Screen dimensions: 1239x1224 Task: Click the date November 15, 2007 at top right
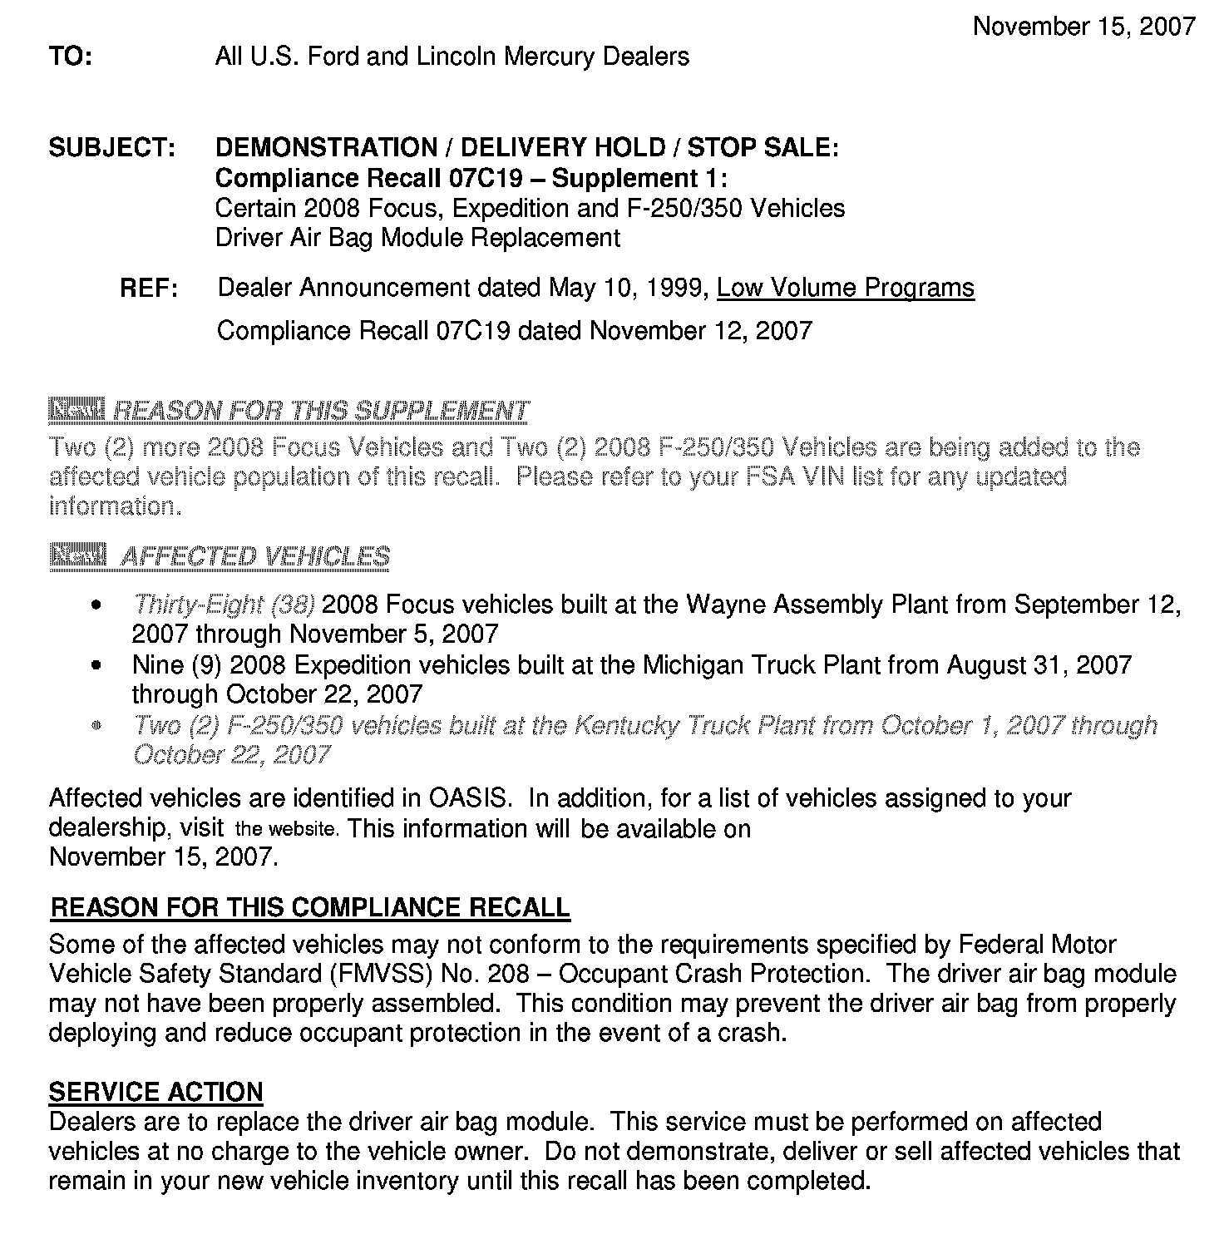(1084, 27)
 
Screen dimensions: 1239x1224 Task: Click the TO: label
(71, 57)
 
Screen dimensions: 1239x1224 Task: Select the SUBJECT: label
(111, 148)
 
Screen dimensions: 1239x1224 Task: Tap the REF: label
(149, 289)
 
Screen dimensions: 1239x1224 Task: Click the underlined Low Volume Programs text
(845, 288)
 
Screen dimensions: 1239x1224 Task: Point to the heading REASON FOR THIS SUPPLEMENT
(320, 411)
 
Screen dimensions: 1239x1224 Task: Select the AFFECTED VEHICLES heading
(254, 556)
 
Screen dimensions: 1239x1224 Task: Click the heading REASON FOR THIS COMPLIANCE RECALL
(310, 907)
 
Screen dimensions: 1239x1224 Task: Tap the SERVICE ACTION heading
(155, 1092)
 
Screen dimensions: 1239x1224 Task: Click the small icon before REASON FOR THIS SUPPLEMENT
(76, 409)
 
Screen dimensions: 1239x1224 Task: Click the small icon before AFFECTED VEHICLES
(77, 555)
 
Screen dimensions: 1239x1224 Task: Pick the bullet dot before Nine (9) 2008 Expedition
(98, 666)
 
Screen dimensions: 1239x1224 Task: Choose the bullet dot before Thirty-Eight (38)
(98, 605)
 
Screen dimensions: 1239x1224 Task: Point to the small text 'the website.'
(287, 829)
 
